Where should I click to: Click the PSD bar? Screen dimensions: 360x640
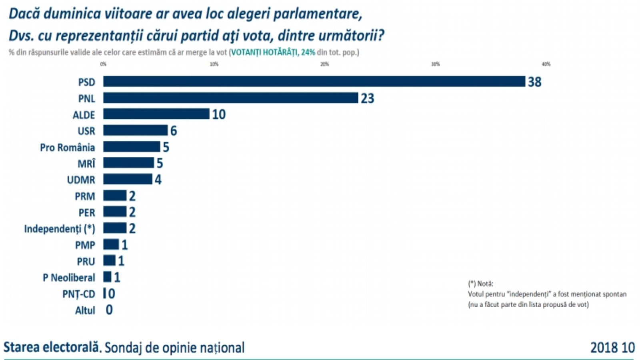314,82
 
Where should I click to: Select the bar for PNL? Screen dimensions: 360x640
230,98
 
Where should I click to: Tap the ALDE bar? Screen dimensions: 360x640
156,114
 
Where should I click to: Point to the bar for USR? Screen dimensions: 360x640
135,130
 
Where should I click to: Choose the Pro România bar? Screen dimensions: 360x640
131,147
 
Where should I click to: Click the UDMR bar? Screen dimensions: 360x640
128,179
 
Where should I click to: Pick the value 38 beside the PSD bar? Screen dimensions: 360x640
535,82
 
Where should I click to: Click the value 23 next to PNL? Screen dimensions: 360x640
368,98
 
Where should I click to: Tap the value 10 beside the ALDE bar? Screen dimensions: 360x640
219,115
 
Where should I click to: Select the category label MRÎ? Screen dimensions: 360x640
86,164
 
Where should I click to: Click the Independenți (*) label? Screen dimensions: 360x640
60,229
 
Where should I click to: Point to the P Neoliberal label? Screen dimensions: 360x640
69,278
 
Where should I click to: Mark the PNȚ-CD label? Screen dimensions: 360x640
78,294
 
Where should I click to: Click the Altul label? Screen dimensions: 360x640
85,310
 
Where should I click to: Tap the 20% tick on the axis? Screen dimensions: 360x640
324,64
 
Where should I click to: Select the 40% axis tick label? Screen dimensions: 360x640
546,64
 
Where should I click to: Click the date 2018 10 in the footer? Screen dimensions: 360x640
612,348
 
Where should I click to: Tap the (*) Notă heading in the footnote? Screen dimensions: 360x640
481,284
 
